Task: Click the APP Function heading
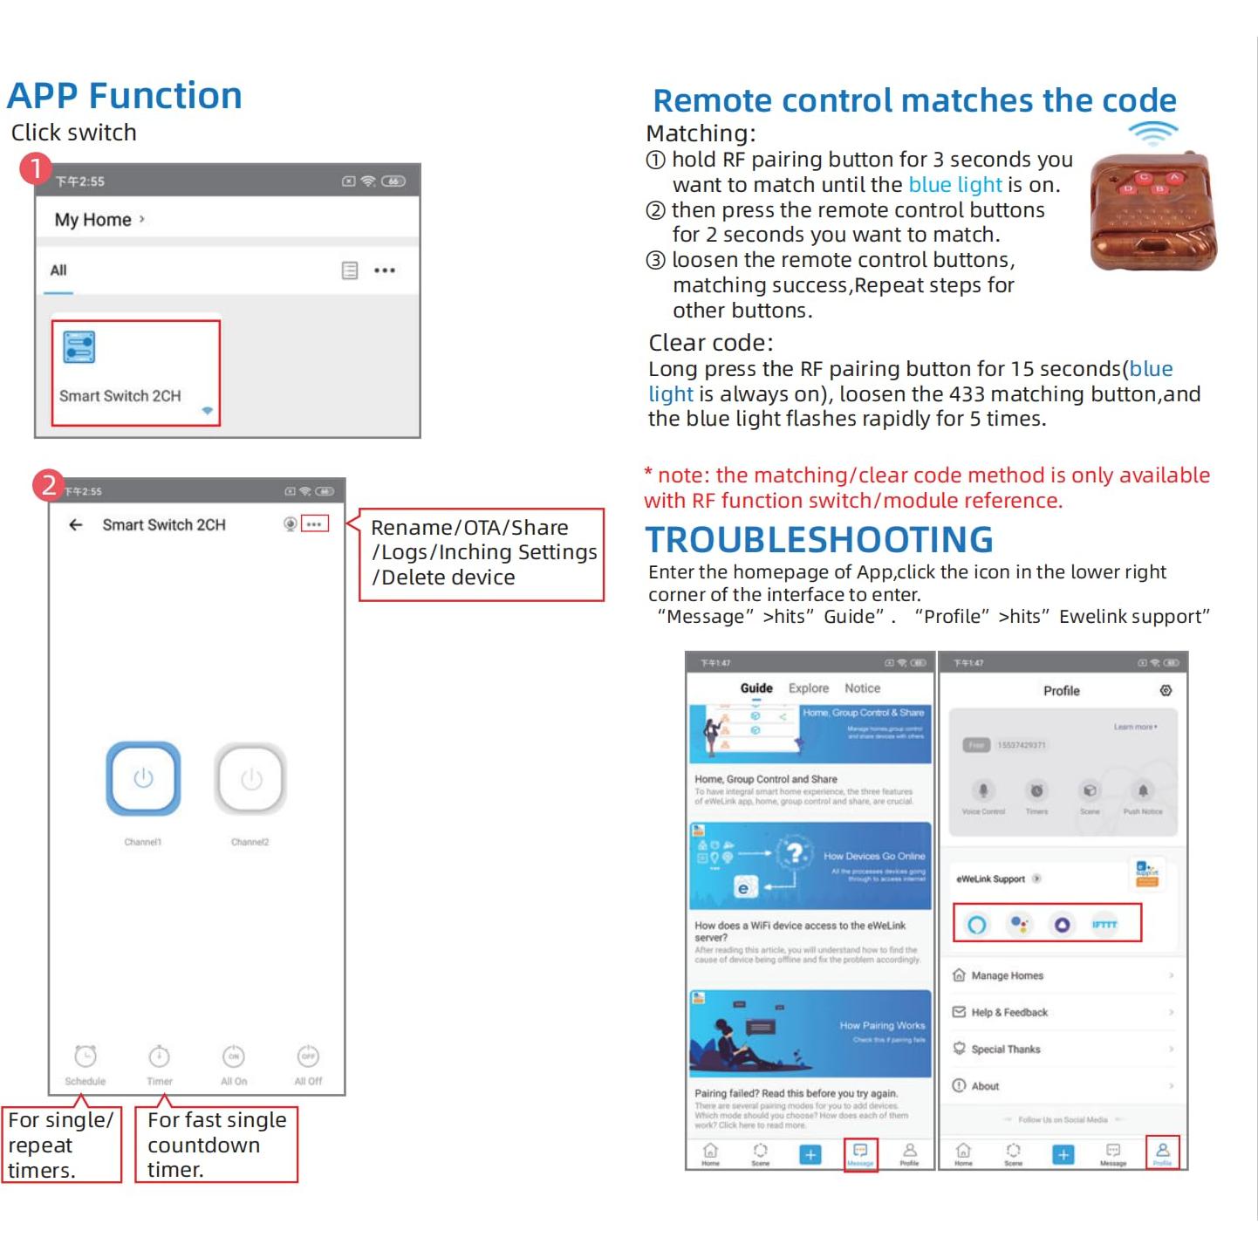tap(125, 96)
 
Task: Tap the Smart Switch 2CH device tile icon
tap(79, 347)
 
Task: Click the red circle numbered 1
tap(36, 168)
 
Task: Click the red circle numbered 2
tap(49, 485)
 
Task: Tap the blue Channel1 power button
tap(143, 779)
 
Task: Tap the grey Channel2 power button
tap(250, 779)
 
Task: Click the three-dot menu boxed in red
tap(314, 524)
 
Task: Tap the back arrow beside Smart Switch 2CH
tap(76, 524)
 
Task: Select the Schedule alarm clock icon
tap(85, 1056)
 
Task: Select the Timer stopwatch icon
tap(159, 1056)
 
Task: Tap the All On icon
tap(234, 1056)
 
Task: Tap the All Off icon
tap(308, 1056)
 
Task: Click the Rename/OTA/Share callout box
tap(482, 553)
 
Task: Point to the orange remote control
tap(1152, 211)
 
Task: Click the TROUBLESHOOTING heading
tap(818, 540)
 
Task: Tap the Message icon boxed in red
tap(860, 1152)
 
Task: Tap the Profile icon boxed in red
tap(1162, 1152)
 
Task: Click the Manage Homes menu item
tap(1007, 975)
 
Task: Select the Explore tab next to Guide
tap(809, 688)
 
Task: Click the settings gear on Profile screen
tap(1166, 690)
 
